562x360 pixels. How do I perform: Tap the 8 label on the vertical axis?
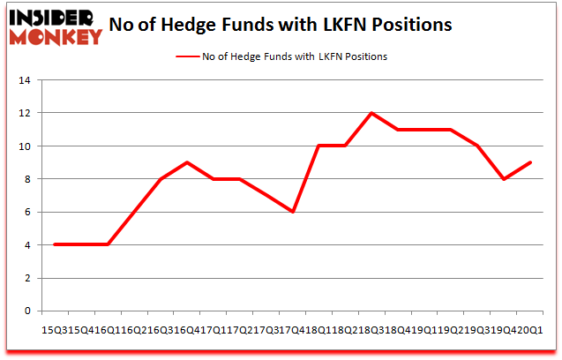(27, 179)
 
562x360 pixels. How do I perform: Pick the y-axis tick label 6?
(27, 212)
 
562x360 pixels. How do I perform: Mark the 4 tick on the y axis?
(27, 244)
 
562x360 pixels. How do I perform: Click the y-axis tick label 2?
(27, 278)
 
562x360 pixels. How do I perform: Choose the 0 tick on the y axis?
(27, 311)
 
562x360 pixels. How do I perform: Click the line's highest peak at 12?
(371, 113)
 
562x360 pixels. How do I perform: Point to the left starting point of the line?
(55, 244)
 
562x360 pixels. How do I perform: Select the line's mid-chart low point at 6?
(293, 212)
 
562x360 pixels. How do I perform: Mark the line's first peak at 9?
(186, 162)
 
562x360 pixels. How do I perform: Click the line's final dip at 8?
(503, 179)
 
